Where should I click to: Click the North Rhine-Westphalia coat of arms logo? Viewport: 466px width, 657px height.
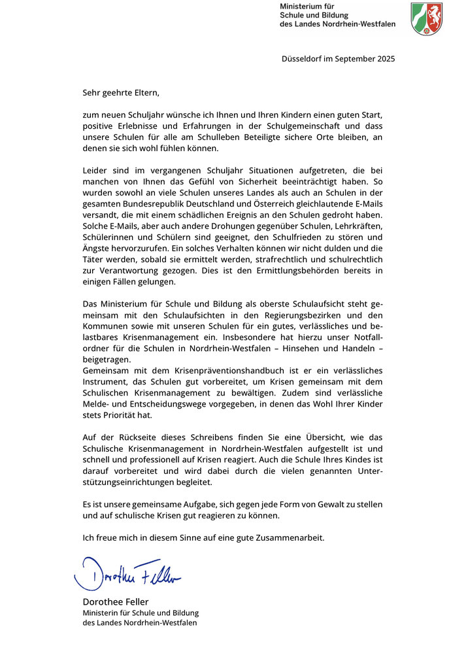(427, 18)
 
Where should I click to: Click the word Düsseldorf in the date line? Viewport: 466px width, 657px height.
(303, 59)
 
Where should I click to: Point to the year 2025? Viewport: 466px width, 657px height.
(384, 59)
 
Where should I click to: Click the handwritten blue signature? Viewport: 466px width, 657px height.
(127, 573)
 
